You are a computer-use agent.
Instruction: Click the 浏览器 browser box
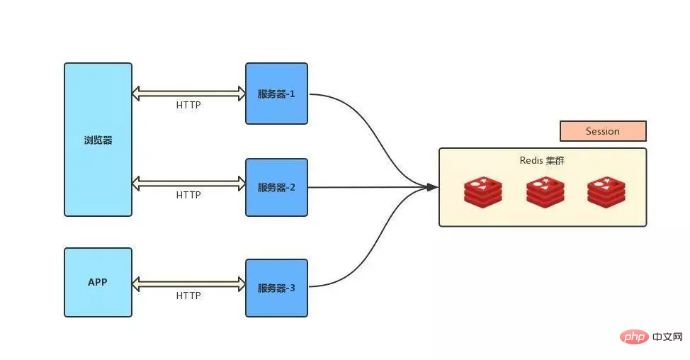pyautogui.click(x=98, y=140)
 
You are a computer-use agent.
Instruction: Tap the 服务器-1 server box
pyautogui.click(x=276, y=94)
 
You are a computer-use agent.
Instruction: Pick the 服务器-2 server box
pyautogui.click(x=276, y=188)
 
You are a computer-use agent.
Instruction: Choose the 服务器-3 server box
pyautogui.click(x=276, y=288)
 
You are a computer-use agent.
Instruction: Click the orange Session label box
pyautogui.click(x=603, y=131)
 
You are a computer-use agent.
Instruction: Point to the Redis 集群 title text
pyautogui.click(x=542, y=161)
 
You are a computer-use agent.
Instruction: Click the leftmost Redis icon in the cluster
pyautogui.click(x=483, y=191)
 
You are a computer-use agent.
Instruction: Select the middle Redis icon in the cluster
pyautogui.click(x=544, y=191)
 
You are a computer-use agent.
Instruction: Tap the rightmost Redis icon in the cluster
pyautogui.click(x=606, y=191)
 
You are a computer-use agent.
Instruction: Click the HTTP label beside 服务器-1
pyautogui.click(x=188, y=106)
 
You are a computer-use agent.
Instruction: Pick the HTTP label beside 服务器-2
pyautogui.click(x=188, y=195)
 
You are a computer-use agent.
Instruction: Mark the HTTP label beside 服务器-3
pyautogui.click(x=188, y=296)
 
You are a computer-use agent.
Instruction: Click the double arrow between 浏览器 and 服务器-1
pyautogui.click(x=188, y=93)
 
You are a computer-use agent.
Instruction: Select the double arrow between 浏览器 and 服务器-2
pyautogui.click(x=188, y=183)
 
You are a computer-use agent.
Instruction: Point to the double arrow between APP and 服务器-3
pyautogui.click(x=188, y=283)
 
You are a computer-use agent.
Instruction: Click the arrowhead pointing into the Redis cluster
pyautogui.click(x=431, y=187)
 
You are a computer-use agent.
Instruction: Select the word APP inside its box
pyautogui.click(x=98, y=282)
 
